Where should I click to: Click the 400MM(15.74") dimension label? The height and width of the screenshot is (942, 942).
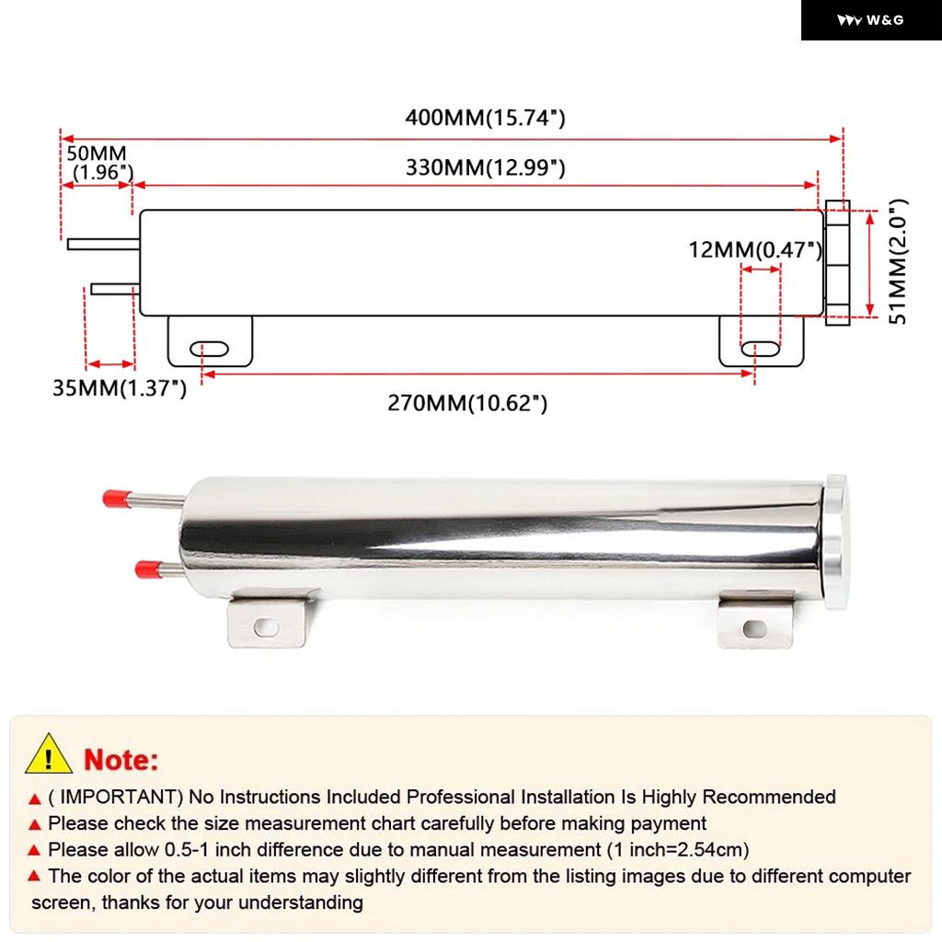485,118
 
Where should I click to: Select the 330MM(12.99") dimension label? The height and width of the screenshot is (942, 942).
485,168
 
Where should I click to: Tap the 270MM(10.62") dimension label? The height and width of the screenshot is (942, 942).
467,403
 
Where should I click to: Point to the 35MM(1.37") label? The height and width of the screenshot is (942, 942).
120,388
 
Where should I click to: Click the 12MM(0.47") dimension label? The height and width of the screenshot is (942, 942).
755,249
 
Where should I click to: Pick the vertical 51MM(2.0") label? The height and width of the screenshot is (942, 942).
898,261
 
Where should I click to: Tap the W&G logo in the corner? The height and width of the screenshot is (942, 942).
870,20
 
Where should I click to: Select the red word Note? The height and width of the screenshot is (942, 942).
121,760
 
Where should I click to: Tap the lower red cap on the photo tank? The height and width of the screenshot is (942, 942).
144,569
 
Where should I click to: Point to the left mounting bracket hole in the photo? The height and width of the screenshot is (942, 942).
266,626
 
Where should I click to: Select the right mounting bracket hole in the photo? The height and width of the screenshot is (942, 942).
754,628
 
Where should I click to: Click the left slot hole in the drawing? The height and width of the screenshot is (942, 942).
210,349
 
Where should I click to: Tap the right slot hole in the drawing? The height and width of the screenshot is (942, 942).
761,349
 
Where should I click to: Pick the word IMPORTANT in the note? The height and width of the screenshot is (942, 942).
120,797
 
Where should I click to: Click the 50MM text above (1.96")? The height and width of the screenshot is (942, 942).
96,154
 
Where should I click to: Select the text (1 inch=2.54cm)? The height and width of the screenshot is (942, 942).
678,849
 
